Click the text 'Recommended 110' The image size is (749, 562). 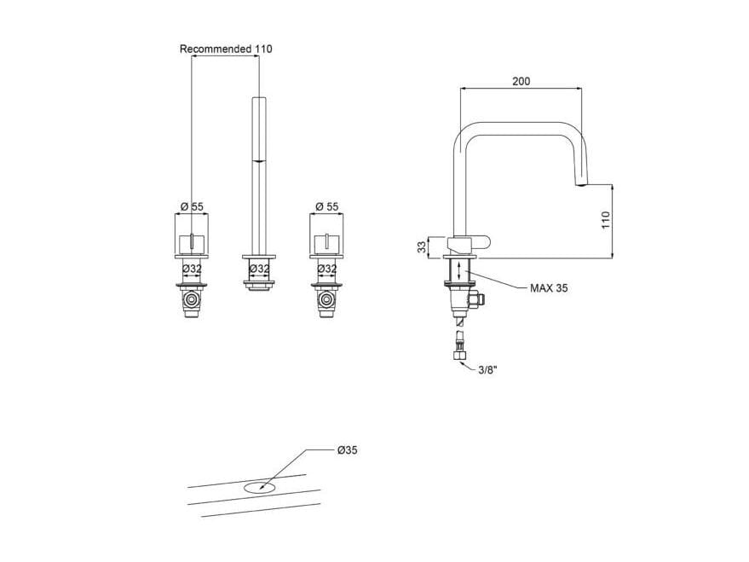(226, 49)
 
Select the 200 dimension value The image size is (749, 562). (521, 82)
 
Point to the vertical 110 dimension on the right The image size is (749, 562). (607, 221)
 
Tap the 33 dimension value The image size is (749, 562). (421, 246)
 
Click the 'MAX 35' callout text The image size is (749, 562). (549, 288)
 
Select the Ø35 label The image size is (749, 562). (347, 450)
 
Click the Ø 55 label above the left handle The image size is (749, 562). (192, 206)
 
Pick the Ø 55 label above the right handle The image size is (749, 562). (326, 206)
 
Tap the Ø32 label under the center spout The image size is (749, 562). (259, 269)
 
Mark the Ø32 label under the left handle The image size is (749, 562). (192, 269)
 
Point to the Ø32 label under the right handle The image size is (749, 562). (326, 269)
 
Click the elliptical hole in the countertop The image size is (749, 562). (259, 488)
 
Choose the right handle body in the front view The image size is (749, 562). (326, 235)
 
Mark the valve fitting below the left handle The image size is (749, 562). (192, 302)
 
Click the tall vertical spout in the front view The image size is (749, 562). (259, 171)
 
